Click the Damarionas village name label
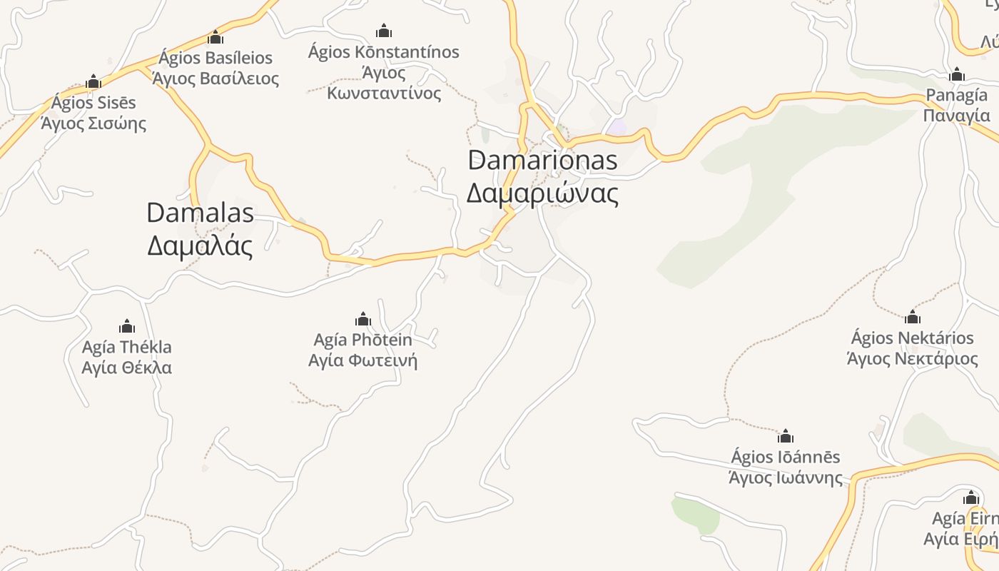[x=542, y=160]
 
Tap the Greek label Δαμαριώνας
[x=542, y=193]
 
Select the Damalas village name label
[x=200, y=212]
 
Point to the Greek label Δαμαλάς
[x=200, y=246]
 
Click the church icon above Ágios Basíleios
[x=215, y=38]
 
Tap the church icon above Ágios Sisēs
[x=93, y=82]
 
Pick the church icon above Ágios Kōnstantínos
[x=384, y=31]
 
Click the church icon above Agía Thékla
[x=127, y=327]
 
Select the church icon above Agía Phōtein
[x=362, y=319]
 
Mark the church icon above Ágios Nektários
[x=912, y=318]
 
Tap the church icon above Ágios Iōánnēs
[x=786, y=436]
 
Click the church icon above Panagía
[x=957, y=74]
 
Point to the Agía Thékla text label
[x=127, y=348]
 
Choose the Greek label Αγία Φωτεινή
[x=362, y=360]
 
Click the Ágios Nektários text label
[x=912, y=338]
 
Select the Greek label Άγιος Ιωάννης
[x=786, y=477]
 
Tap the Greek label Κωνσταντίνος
[x=384, y=93]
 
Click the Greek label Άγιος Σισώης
[x=93, y=123]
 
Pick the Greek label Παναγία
[x=957, y=116]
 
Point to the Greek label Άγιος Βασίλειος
[x=215, y=78]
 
